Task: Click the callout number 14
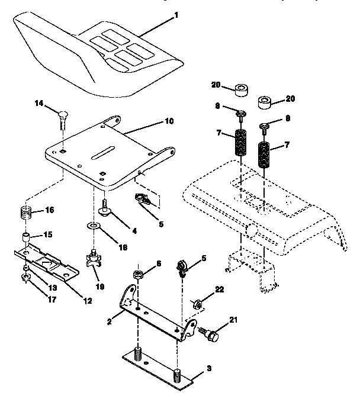point(38,103)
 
